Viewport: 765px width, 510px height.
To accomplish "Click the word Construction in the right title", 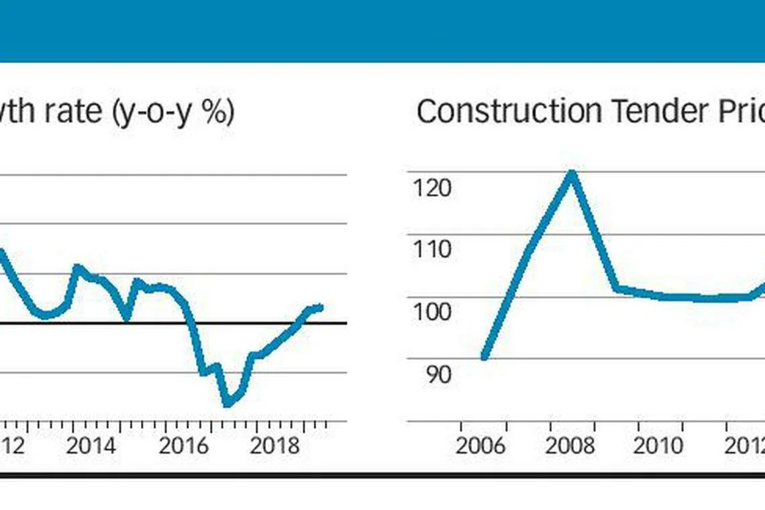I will (x=509, y=111).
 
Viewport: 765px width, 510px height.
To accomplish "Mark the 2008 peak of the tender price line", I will (x=572, y=172).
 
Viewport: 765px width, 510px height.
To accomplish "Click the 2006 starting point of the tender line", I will (x=484, y=357).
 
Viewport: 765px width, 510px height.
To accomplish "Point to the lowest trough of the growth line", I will (x=227, y=403).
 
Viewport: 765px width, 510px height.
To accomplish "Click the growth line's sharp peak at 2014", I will (x=76, y=267).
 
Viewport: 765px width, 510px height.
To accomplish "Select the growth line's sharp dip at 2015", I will (x=127, y=317).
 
